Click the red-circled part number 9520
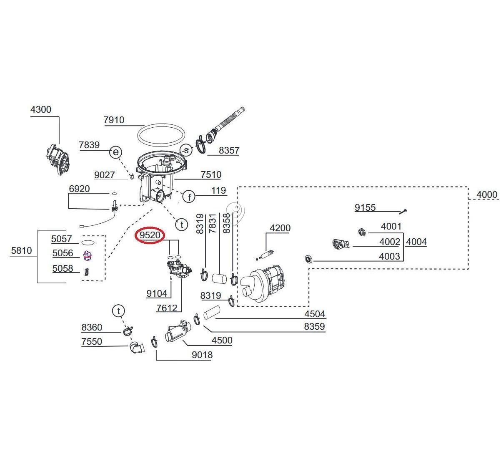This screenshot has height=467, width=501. point(150,235)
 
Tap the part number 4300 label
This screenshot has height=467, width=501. point(41,110)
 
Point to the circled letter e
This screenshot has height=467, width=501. point(115,152)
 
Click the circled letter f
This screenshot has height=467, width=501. point(189,197)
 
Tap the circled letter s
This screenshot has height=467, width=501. point(185,150)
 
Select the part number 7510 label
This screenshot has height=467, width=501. point(211,174)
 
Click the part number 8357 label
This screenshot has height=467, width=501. point(229,150)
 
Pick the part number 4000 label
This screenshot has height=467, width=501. point(487,194)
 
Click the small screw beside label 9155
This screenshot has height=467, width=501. point(403,211)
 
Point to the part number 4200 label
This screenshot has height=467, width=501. point(280,228)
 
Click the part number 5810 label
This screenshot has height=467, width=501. point(21,251)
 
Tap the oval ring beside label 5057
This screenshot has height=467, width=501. point(88,242)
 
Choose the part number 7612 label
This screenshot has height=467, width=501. point(167,308)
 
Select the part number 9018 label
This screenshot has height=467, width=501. point(202,355)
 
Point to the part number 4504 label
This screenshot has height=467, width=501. point(315,314)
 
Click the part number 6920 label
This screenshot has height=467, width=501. point(79,189)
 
